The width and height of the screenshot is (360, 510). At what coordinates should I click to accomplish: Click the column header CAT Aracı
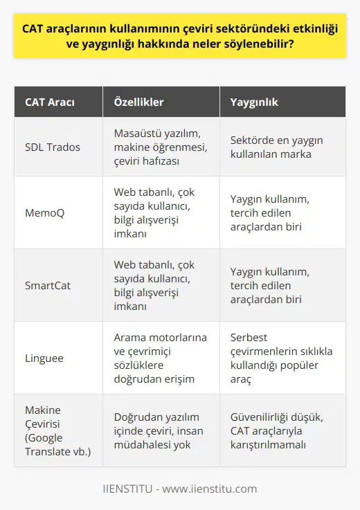[x=51, y=102]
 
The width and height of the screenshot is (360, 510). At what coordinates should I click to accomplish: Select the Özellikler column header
[x=138, y=102]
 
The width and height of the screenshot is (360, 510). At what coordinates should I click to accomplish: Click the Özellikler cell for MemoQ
[x=156, y=212]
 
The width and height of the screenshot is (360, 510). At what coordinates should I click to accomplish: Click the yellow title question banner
[x=180, y=35]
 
